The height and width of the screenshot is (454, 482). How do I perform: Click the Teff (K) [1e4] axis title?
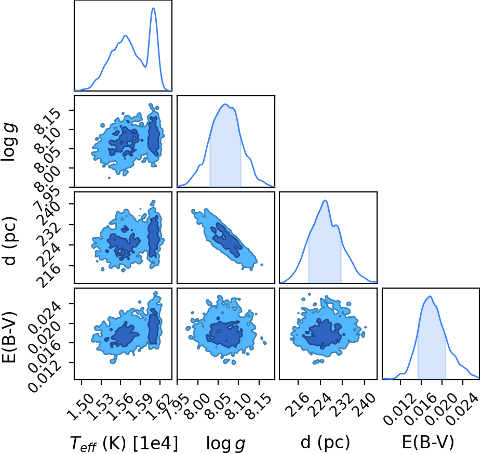pos(124,444)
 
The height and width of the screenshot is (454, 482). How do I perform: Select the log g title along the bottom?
pos(226,444)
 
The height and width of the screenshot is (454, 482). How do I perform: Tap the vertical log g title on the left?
pos(9,141)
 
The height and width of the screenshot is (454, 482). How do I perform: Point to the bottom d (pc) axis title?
pos(325,443)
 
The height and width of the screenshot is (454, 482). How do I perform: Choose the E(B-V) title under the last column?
pos(428,443)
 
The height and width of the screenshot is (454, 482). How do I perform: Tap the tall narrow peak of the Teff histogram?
pos(154,8)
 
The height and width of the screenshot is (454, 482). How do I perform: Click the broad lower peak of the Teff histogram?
pos(125,36)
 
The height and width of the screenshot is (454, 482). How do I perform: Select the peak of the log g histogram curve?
pos(225,105)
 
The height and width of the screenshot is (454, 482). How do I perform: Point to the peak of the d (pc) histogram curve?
pos(325,200)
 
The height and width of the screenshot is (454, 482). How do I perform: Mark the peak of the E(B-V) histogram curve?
pos(430,296)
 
